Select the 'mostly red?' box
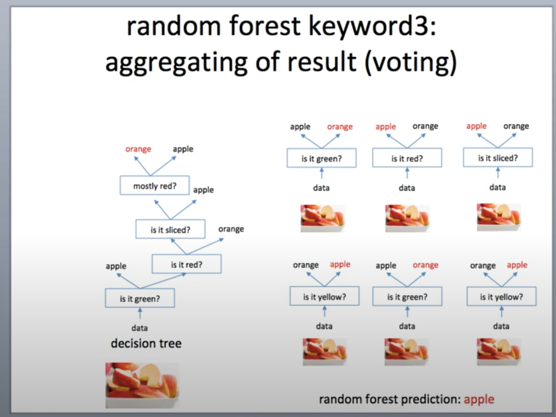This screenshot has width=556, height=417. pos(155,186)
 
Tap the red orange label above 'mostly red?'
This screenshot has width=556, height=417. pos(138,149)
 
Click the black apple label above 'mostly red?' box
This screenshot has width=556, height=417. pos(183,149)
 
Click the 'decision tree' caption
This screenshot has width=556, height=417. pos(146,344)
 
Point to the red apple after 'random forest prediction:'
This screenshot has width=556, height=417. pos(479,399)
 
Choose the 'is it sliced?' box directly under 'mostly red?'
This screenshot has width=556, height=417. pos(170,229)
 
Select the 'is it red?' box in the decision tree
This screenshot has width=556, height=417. pos(187,265)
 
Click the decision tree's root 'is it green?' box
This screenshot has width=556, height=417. pos(140,298)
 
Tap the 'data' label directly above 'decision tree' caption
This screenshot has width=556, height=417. pos(140,328)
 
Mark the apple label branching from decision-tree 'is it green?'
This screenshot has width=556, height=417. pos(116,266)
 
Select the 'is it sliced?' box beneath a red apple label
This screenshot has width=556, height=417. pos(498,158)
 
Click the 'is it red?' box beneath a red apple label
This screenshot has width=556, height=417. pos(407,159)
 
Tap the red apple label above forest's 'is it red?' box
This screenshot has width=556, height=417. pos(385,127)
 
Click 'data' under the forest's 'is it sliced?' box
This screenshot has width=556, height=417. pos(498,187)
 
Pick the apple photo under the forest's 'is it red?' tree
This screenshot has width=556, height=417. pos(407,218)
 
